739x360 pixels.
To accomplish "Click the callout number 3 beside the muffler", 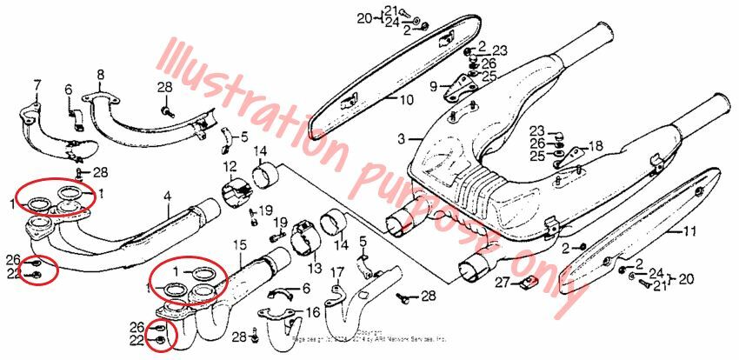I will (401, 138).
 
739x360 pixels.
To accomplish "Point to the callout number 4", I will (168, 197).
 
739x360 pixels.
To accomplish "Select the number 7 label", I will (37, 84).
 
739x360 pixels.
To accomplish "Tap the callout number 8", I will (100, 75).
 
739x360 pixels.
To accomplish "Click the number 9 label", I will (433, 85).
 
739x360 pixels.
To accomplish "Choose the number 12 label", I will (229, 166).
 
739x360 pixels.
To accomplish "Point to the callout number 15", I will (238, 247).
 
